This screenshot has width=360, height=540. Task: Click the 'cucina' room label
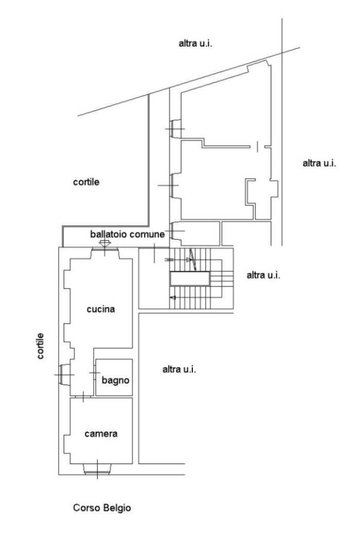(101, 309)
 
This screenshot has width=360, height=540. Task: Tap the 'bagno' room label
(115, 380)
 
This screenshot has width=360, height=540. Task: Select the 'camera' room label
(101, 434)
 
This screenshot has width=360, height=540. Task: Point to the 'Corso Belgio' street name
(102, 508)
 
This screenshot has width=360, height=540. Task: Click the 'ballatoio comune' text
(128, 234)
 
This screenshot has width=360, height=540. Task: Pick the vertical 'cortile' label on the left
(40, 346)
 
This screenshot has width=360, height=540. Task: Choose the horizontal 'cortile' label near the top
(86, 182)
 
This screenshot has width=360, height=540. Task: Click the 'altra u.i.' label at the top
(195, 43)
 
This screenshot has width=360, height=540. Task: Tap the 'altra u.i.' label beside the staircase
(263, 275)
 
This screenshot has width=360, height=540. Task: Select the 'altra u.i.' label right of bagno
(179, 370)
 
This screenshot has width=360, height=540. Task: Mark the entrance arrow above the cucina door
(105, 243)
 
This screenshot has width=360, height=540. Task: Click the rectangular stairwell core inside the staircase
(190, 279)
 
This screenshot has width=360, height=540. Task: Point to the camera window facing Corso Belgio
(97, 469)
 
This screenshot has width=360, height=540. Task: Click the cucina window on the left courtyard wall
(64, 374)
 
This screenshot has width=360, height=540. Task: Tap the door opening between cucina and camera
(83, 397)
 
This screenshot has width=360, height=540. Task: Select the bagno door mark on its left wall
(95, 373)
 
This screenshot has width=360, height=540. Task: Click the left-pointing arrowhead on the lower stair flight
(173, 298)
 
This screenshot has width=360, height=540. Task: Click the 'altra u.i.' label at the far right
(319, 163)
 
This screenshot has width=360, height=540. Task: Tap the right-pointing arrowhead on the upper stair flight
(189, 260)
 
